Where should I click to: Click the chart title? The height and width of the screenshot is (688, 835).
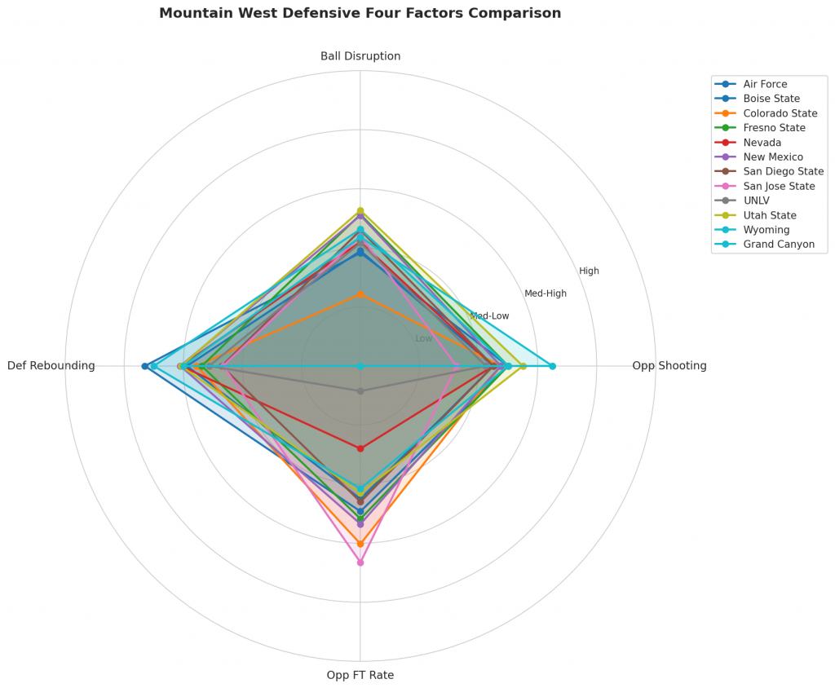(x=360, y=13)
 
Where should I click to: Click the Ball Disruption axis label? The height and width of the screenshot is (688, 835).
(x=360, y=56)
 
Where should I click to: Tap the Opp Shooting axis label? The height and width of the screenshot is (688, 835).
(x=669, y=366)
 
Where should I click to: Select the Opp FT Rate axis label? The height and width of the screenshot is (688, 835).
(x=360, y=675)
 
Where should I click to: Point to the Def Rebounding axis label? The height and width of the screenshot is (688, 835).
(x=51, y=366)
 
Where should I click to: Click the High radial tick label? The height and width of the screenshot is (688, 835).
(x=589, y=271)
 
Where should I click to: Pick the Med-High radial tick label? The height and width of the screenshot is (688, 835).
(x=545, y=293)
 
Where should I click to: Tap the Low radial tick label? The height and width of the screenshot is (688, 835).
(x=424, y=338)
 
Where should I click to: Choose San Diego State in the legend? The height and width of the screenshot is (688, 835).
(x=783, y=171)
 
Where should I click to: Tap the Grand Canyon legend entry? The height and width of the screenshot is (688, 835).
(x=779, y=245)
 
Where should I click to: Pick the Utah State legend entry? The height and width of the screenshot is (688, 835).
(x=771, y=215)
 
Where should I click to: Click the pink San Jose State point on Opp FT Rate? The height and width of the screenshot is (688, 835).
(x=360, y=562)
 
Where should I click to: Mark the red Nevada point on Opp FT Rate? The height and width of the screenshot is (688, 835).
(x=360, y=448)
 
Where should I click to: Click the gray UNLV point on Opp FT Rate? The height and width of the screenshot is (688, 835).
(x=360, y=391)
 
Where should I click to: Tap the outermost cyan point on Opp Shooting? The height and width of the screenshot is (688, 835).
(x=552, y=366)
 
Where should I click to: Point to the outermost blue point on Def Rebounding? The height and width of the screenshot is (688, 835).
(x=145, y=366)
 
